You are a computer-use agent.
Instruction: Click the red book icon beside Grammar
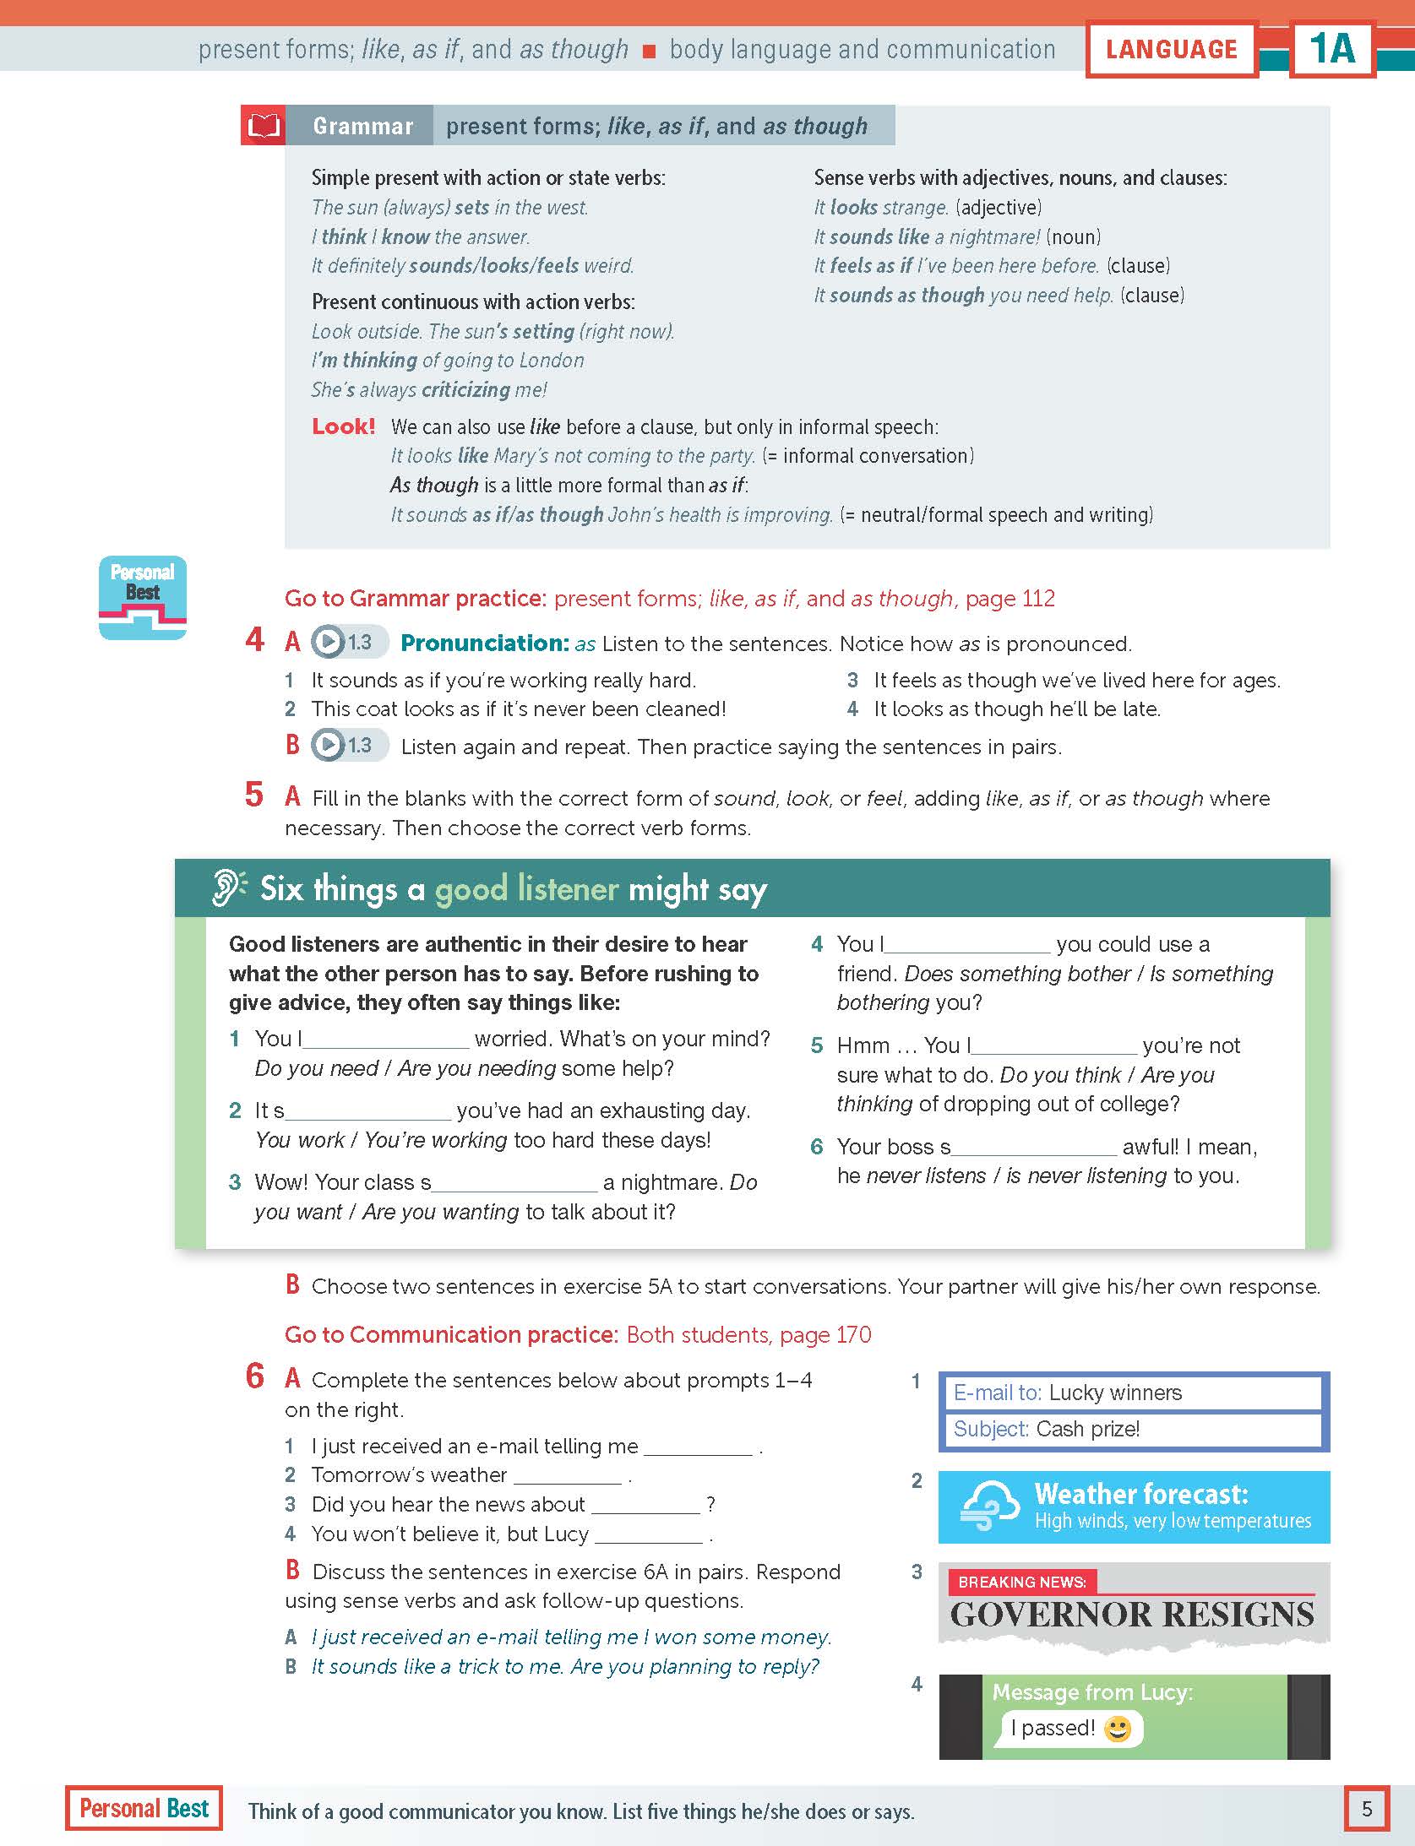[263, 126]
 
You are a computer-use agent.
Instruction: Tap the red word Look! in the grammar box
[343, 426]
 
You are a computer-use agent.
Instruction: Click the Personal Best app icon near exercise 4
[143, 597]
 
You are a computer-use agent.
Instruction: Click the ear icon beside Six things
[228, 888]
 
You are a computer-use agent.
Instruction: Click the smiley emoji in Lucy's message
[1118, 1728]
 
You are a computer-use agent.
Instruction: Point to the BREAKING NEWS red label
[1021, 1582]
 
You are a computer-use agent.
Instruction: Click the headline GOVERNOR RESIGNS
[1132, 1615]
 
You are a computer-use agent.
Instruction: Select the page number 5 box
[1366, 1808]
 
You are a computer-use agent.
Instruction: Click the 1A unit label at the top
[1332, 49]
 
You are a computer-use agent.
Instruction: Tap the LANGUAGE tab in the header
[1171, 50]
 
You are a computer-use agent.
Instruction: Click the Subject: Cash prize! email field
[1132, 1429]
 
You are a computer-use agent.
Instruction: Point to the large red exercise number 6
[255, 1377]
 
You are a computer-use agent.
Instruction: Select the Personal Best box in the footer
[144, 1808]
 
